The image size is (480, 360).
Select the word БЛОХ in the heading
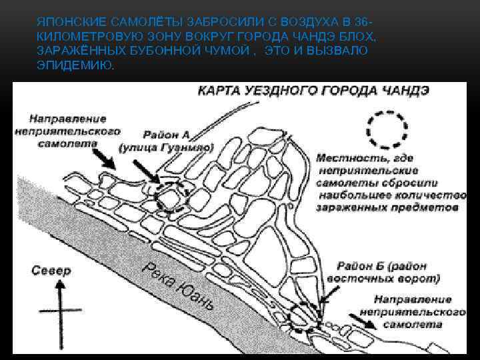point(359,37)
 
